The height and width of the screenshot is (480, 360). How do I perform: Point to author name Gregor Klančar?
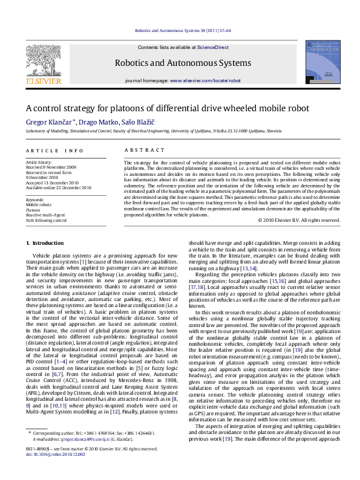[47, 122]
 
